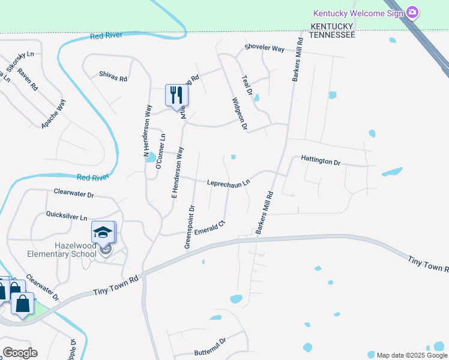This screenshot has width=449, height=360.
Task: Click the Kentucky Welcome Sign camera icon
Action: pyautogui.click(x=412, y=12)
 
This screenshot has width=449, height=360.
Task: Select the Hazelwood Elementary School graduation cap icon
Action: pyautogui.click(x=103, y=232)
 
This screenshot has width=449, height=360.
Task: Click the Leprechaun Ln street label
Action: pyautogui.click(x=228, y=184)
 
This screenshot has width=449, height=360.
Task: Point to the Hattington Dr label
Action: pyautogui.click(x=321, y=161)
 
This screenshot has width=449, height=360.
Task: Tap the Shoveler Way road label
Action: pyautogui.click(x=264, y=49)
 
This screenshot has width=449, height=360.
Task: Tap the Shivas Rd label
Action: pyautogui.click(x=113, y=77)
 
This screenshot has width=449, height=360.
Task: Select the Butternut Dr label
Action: pyautogui.click(x=206, y=343)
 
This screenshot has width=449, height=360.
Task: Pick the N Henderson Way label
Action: pyautogui.click(x=148, y=131)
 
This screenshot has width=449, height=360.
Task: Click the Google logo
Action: pyautogui.click(x=19, y=353)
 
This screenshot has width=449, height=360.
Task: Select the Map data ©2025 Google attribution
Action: pyautogui.click(x=411, y=355)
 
